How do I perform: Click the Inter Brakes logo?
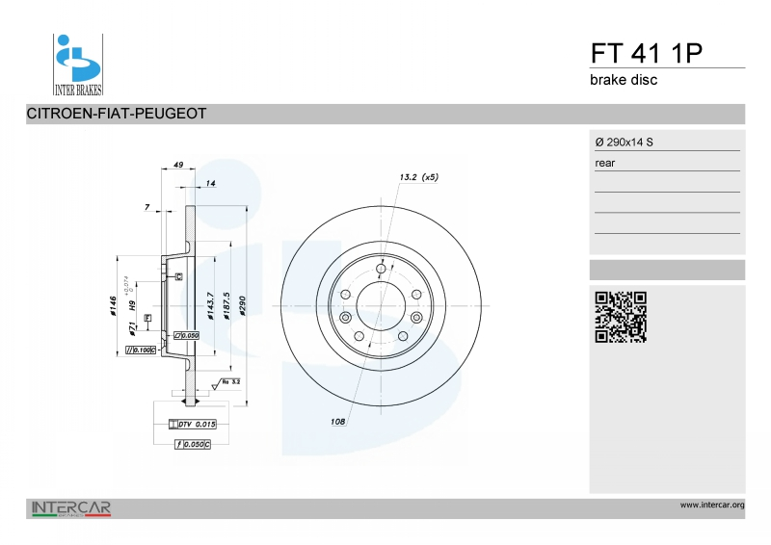click(77, 65)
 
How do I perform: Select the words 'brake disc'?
click(624, 80)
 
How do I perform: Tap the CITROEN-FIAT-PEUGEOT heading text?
click(117, 114)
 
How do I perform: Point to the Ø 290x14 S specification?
click(625, 143)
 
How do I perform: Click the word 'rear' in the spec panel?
click(605, 164)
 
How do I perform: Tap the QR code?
click(620, 317)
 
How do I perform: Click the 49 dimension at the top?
click(178, 166)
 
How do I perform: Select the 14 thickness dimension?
click(210, 182)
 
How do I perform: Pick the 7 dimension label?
click(146, 207)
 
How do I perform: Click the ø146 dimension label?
click(113, 307)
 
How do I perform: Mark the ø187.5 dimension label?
click(226, 305)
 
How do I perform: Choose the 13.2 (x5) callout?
click(418, 177)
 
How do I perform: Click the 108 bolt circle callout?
click(338, 422)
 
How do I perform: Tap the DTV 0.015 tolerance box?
click(192, 424)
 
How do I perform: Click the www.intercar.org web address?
click(711, 505)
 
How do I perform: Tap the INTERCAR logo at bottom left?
click(72, 507)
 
